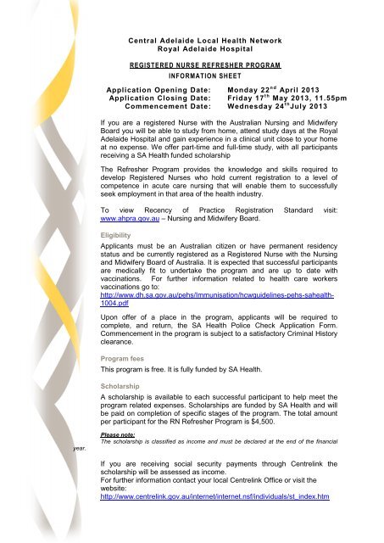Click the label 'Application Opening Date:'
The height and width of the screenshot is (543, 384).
pos(157,89)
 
